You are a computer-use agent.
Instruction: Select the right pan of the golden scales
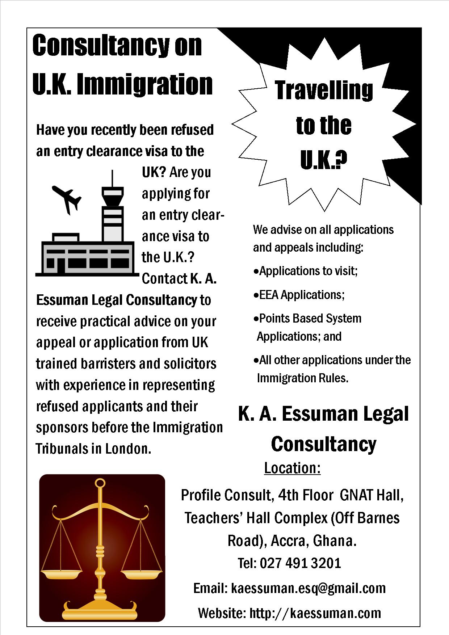(x=141, y=574)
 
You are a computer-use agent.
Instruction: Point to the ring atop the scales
(x=100, y=483)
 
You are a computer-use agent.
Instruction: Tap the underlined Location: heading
(x=292, y=468)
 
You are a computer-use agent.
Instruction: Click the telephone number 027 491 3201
(x=300, y=563)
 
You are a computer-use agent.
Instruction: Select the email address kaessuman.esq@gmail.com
(x=308, y=588)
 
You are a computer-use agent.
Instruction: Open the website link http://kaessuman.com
(x=315, y=613)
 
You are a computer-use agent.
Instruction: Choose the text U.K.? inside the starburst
(x=323, y=160)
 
